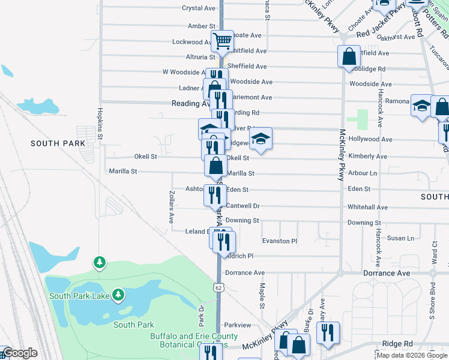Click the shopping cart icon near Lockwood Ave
tap(222, 41)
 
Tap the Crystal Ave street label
tap(199, 8)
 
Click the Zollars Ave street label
tap(171, 205)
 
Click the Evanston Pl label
tap(280, 241)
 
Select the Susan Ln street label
tap(400, 238)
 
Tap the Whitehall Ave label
tap(367, 207)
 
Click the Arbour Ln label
tap(363, 173)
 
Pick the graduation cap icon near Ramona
tap(421, 106)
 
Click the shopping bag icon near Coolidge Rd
tap(349, 57)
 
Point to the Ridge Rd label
tap(397, 344)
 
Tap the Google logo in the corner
tap(20, 353)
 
